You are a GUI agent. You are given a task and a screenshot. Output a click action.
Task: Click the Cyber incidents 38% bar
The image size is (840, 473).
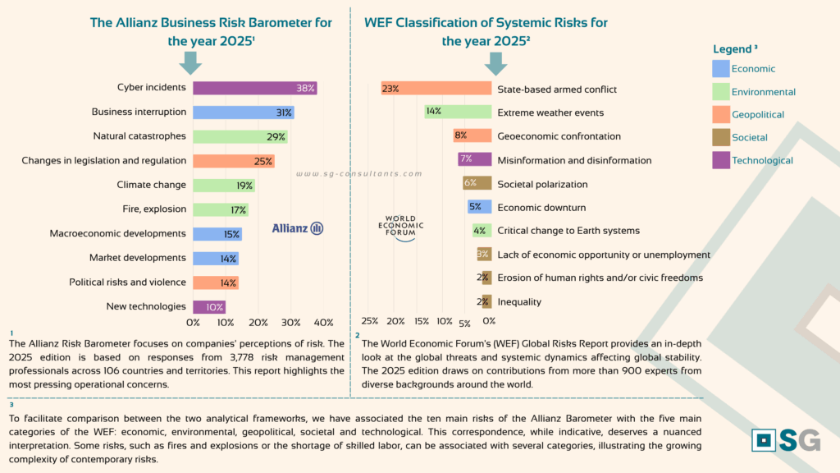[x=254, y=88]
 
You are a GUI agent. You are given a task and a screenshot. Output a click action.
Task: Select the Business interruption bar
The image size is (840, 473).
[x=243, y=113]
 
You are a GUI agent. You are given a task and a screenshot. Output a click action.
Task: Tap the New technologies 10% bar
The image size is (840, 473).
[x=209, y=307]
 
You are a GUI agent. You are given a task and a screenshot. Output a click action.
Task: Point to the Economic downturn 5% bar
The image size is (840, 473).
[x=480, y=207]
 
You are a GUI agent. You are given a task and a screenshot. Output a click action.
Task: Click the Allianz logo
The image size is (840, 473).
[x=298, y=227]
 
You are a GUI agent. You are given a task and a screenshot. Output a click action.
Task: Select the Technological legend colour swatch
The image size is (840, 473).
[x=721, y=160]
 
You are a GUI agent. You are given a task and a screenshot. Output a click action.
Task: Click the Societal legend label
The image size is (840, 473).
[x=749, y=138]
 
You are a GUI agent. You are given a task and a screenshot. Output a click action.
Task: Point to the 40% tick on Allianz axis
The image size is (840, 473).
[x=323, y=323]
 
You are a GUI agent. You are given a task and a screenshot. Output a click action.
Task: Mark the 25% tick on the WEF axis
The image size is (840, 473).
[x=370, y=321]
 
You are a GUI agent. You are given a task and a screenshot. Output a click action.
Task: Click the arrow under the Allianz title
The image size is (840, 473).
[x=190, y=62]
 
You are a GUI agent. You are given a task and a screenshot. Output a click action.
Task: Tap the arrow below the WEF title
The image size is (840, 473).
[x=495, y=62]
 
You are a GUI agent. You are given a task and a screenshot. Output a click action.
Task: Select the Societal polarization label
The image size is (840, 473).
[x=542, y=184]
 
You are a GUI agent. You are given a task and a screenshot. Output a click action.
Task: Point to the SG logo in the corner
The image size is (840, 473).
[x=786, y=439]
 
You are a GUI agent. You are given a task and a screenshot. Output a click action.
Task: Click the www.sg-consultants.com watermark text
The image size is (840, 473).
[x=358, y=174]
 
